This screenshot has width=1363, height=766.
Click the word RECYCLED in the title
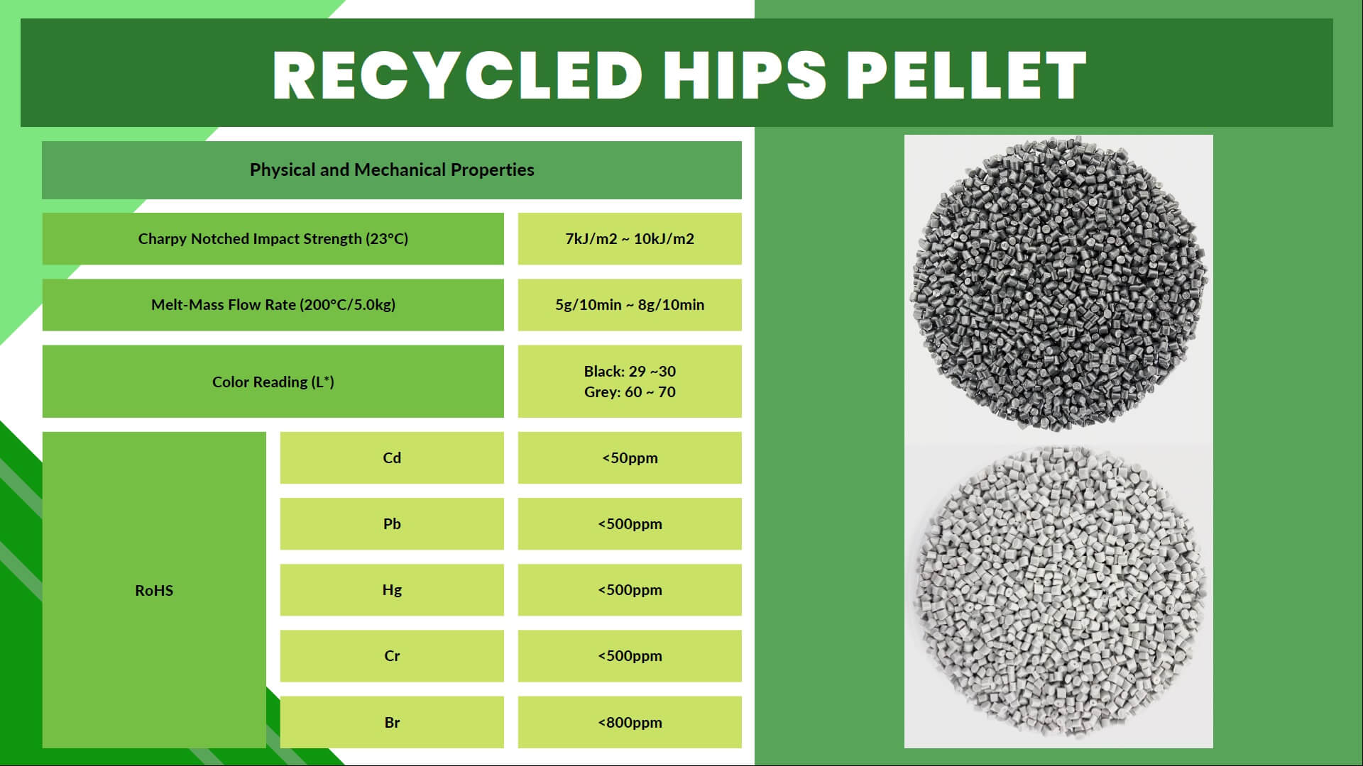[458, 75]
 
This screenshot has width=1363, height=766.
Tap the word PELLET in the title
[966, 75]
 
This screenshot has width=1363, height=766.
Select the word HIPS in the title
[745, 75]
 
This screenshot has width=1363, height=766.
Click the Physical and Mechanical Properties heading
[392, 170]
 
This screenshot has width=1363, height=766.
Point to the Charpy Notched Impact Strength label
[273, 239]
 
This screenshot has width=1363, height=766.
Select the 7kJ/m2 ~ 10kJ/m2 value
[630, 239]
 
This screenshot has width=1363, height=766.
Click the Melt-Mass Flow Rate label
[273, 305]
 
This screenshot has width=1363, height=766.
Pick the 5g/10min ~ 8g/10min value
[630, 305]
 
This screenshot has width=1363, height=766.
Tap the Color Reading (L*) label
[273, 382]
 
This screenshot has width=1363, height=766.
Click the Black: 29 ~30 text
[630, 372]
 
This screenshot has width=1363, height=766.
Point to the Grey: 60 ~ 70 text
[630, 392]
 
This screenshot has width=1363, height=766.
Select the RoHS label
[154, 590]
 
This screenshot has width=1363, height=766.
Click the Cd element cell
[392, 458]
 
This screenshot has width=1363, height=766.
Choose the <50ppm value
[630, 458]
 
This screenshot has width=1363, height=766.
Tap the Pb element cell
[392, 524]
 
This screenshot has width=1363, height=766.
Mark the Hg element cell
[392, 590]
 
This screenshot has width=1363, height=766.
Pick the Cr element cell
[392, 656]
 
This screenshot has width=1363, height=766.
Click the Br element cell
[392, 722]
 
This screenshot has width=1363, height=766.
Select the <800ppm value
[630, 723]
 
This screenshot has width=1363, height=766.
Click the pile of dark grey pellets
[1058, 284]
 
